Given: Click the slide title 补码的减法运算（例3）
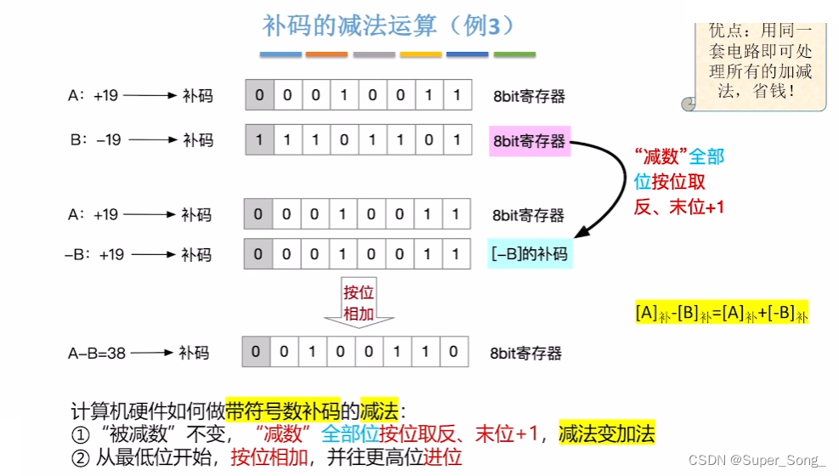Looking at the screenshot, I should [x=388, y=25].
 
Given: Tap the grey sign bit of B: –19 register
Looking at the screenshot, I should [x=259, y=139].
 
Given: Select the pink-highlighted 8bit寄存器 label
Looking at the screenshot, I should [x=528, y=140].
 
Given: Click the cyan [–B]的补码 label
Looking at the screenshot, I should [x=530, y=253].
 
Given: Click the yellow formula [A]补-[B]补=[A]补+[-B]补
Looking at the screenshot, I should [x=721, y=312].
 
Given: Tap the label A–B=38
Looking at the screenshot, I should [x=96, y=352].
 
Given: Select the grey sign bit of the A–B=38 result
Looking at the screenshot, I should [x=257, y=351].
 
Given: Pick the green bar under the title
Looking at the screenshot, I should [x=514, y=54].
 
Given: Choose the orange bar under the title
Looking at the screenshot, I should [x=326, y=54].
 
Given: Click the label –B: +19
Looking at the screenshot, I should [x=94, y=254].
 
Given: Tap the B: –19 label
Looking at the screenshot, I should [x=94, y=140].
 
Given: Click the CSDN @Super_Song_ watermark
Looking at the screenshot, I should [x=757, y=461].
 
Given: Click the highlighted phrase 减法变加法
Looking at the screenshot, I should [x=607, y=434].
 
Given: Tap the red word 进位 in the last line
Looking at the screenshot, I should [x=443, y=457].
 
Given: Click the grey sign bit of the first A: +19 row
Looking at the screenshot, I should [x=259, y=95].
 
